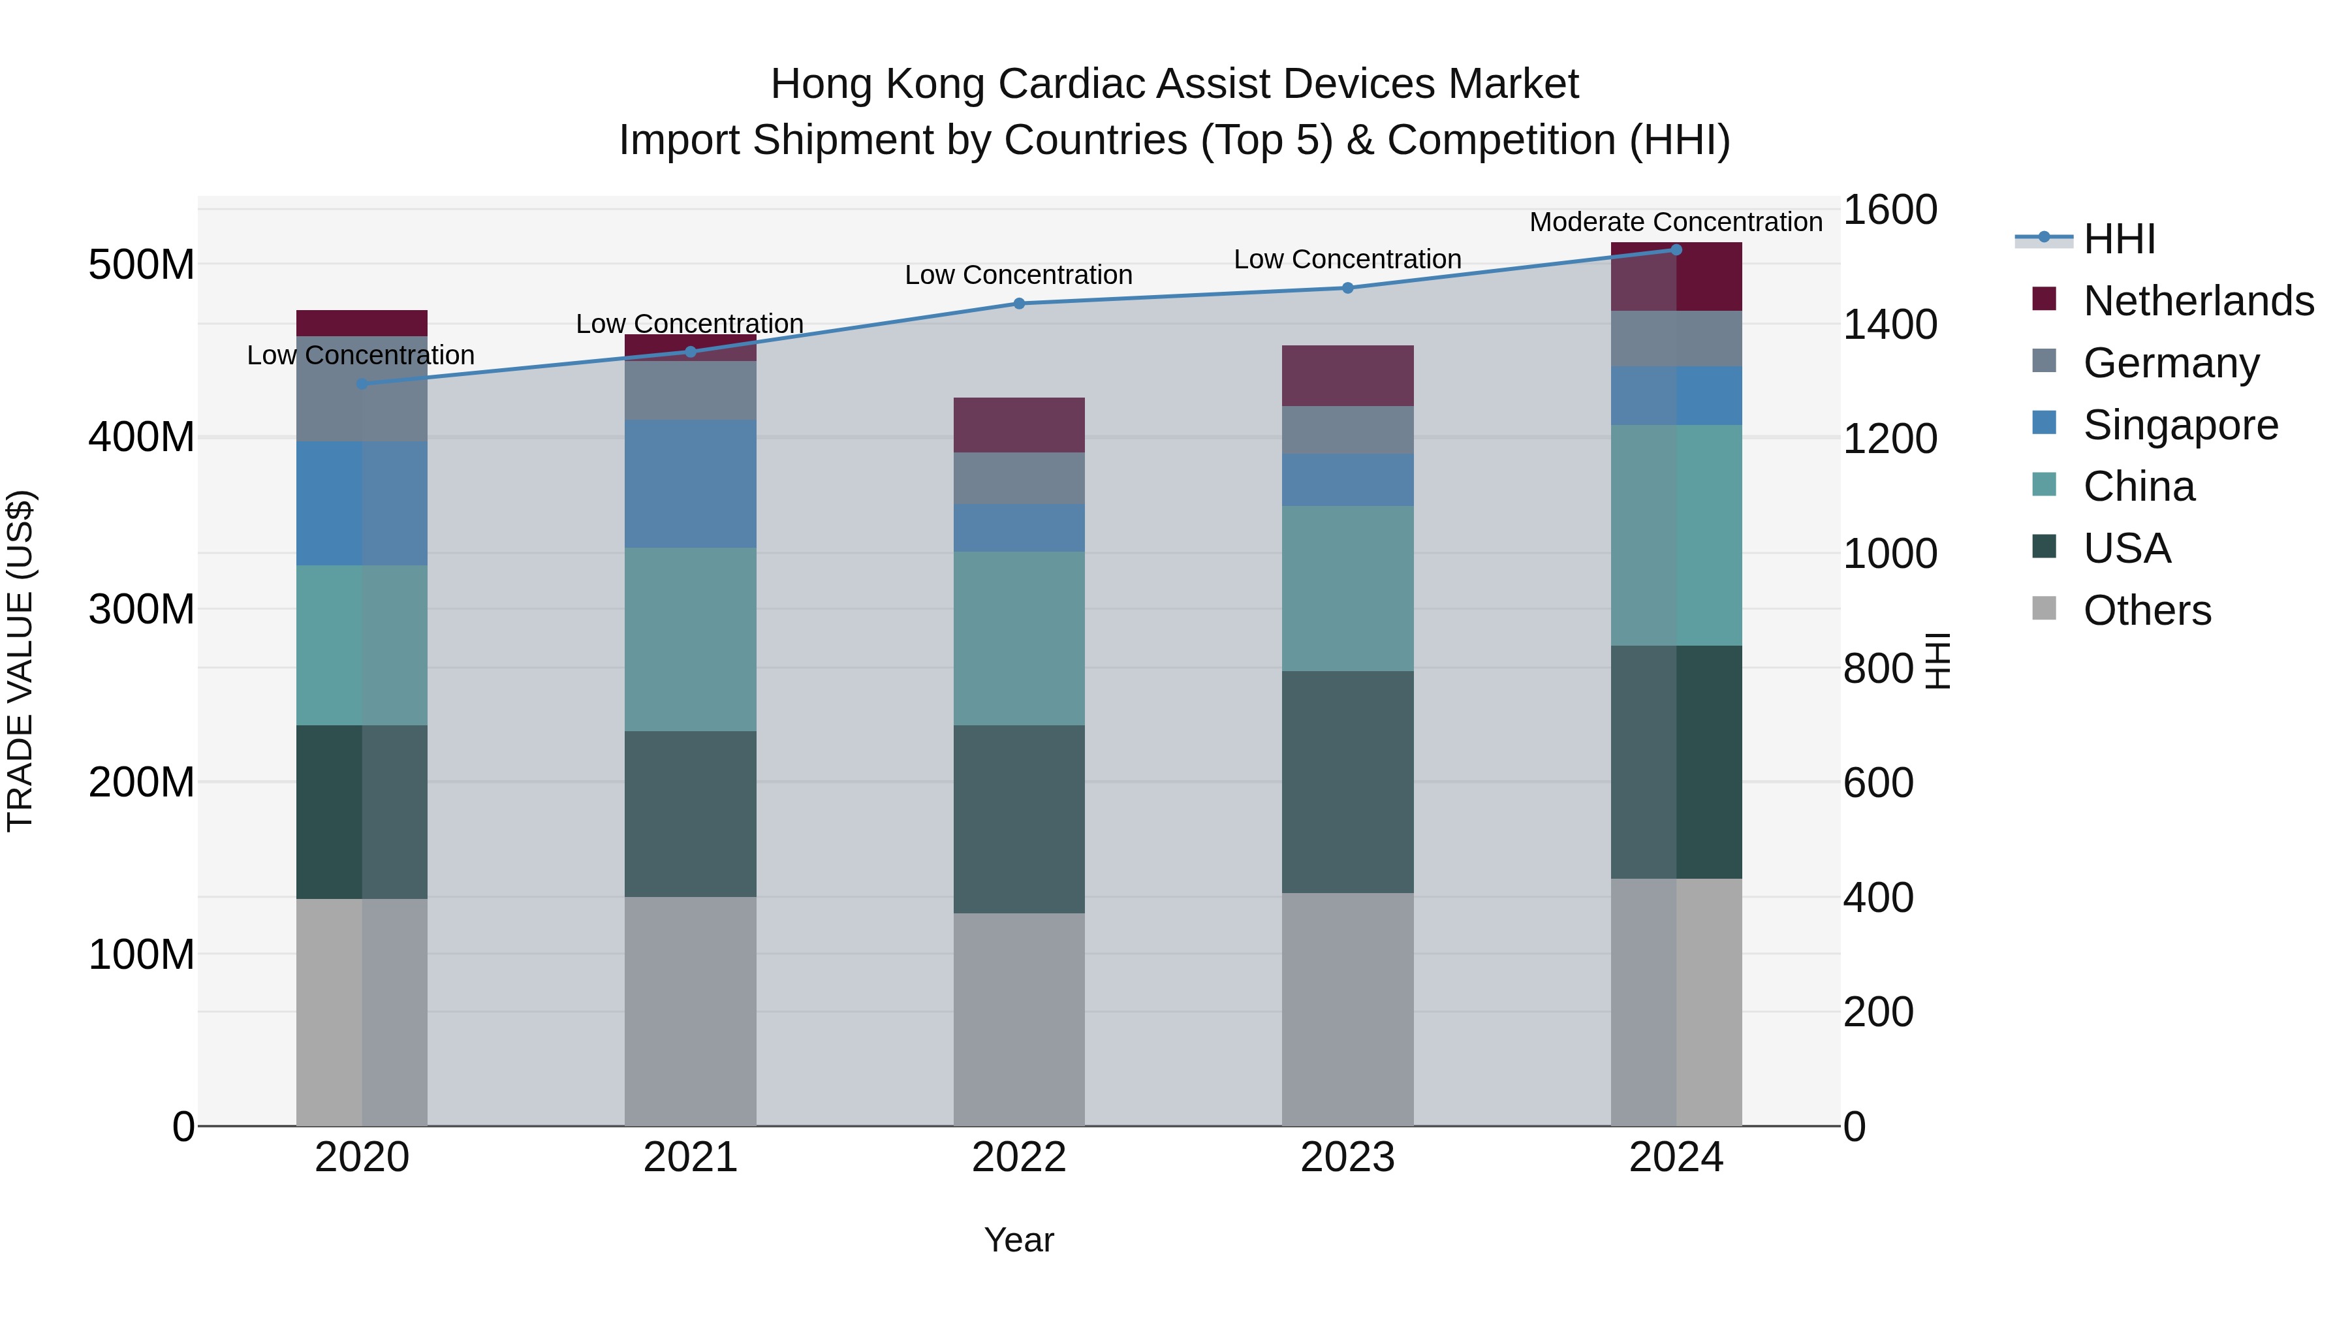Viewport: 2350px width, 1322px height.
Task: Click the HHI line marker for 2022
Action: [x=1019, y=304]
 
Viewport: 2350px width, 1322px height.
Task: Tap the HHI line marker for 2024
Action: [x=1676, y=250]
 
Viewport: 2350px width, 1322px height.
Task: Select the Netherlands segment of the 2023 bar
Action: [x=1347, y=376]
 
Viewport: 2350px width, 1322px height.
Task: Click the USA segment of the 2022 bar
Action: [x=1019, y=819]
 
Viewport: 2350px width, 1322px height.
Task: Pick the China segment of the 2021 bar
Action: [x=691, y=640]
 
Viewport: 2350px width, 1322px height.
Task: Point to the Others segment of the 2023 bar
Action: [x=1347, y=1009]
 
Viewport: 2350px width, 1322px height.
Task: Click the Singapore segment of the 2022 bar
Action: [x=1019, y=527]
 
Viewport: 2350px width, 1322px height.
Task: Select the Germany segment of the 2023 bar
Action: [x=1347, y=430]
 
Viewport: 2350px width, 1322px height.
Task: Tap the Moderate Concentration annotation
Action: [x=1676, y=222]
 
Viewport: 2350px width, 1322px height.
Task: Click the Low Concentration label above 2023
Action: [x=1347, y=259]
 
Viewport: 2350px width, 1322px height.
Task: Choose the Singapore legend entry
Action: [x=2180, y=425]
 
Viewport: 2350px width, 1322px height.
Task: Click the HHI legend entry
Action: [x=2119, y=239]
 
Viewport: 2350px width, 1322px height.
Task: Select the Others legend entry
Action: [x=2146, y=610]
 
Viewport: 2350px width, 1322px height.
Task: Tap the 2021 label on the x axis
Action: [x=691, y=1157]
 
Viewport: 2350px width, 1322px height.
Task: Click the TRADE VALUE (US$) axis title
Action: [x=20, y=661]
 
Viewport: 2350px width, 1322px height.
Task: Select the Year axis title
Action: [x=1019, y=1240]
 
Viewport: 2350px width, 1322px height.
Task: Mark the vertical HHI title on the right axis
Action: [x=1937, y=661]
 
